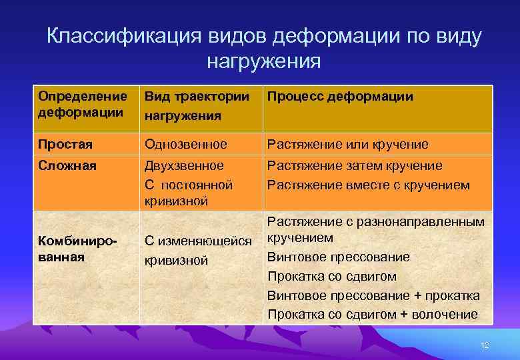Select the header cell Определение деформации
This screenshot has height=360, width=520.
82,104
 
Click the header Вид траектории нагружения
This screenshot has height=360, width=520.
193,106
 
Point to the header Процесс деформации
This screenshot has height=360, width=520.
340,97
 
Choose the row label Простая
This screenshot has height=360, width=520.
65,145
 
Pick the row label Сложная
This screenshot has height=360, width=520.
67,165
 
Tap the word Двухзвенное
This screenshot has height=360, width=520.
185,165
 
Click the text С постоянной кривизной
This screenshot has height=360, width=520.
189,192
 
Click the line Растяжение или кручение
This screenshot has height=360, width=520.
347,145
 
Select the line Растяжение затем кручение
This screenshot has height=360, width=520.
354,165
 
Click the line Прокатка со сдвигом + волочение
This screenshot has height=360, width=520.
373,314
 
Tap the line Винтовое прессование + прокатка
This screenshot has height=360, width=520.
373,295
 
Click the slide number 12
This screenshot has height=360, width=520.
485,345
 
